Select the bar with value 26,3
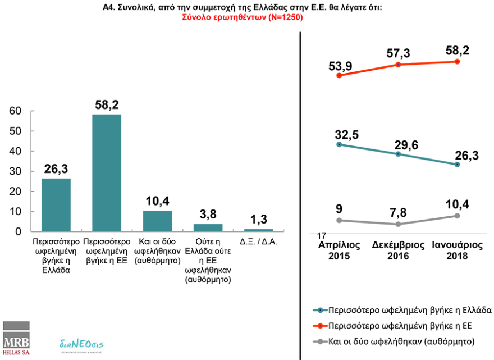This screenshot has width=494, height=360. coord(56,204)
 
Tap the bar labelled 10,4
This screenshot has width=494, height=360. coord(157,221)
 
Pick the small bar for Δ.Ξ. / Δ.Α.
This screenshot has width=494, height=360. coord(259,230)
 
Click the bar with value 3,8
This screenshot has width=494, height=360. coord(208,227)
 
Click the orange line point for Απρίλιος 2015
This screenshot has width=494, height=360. coord(339,75)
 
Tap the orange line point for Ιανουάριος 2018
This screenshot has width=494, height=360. coord(457,61)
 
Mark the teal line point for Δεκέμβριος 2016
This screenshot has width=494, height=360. coord(398,154)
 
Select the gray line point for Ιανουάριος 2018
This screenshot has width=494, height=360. coord(457,216)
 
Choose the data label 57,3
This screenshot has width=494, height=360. coord(398,53)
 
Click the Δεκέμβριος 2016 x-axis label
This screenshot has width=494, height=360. coord(397,250)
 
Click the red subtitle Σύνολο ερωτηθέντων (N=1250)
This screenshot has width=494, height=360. coord(242,17)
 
